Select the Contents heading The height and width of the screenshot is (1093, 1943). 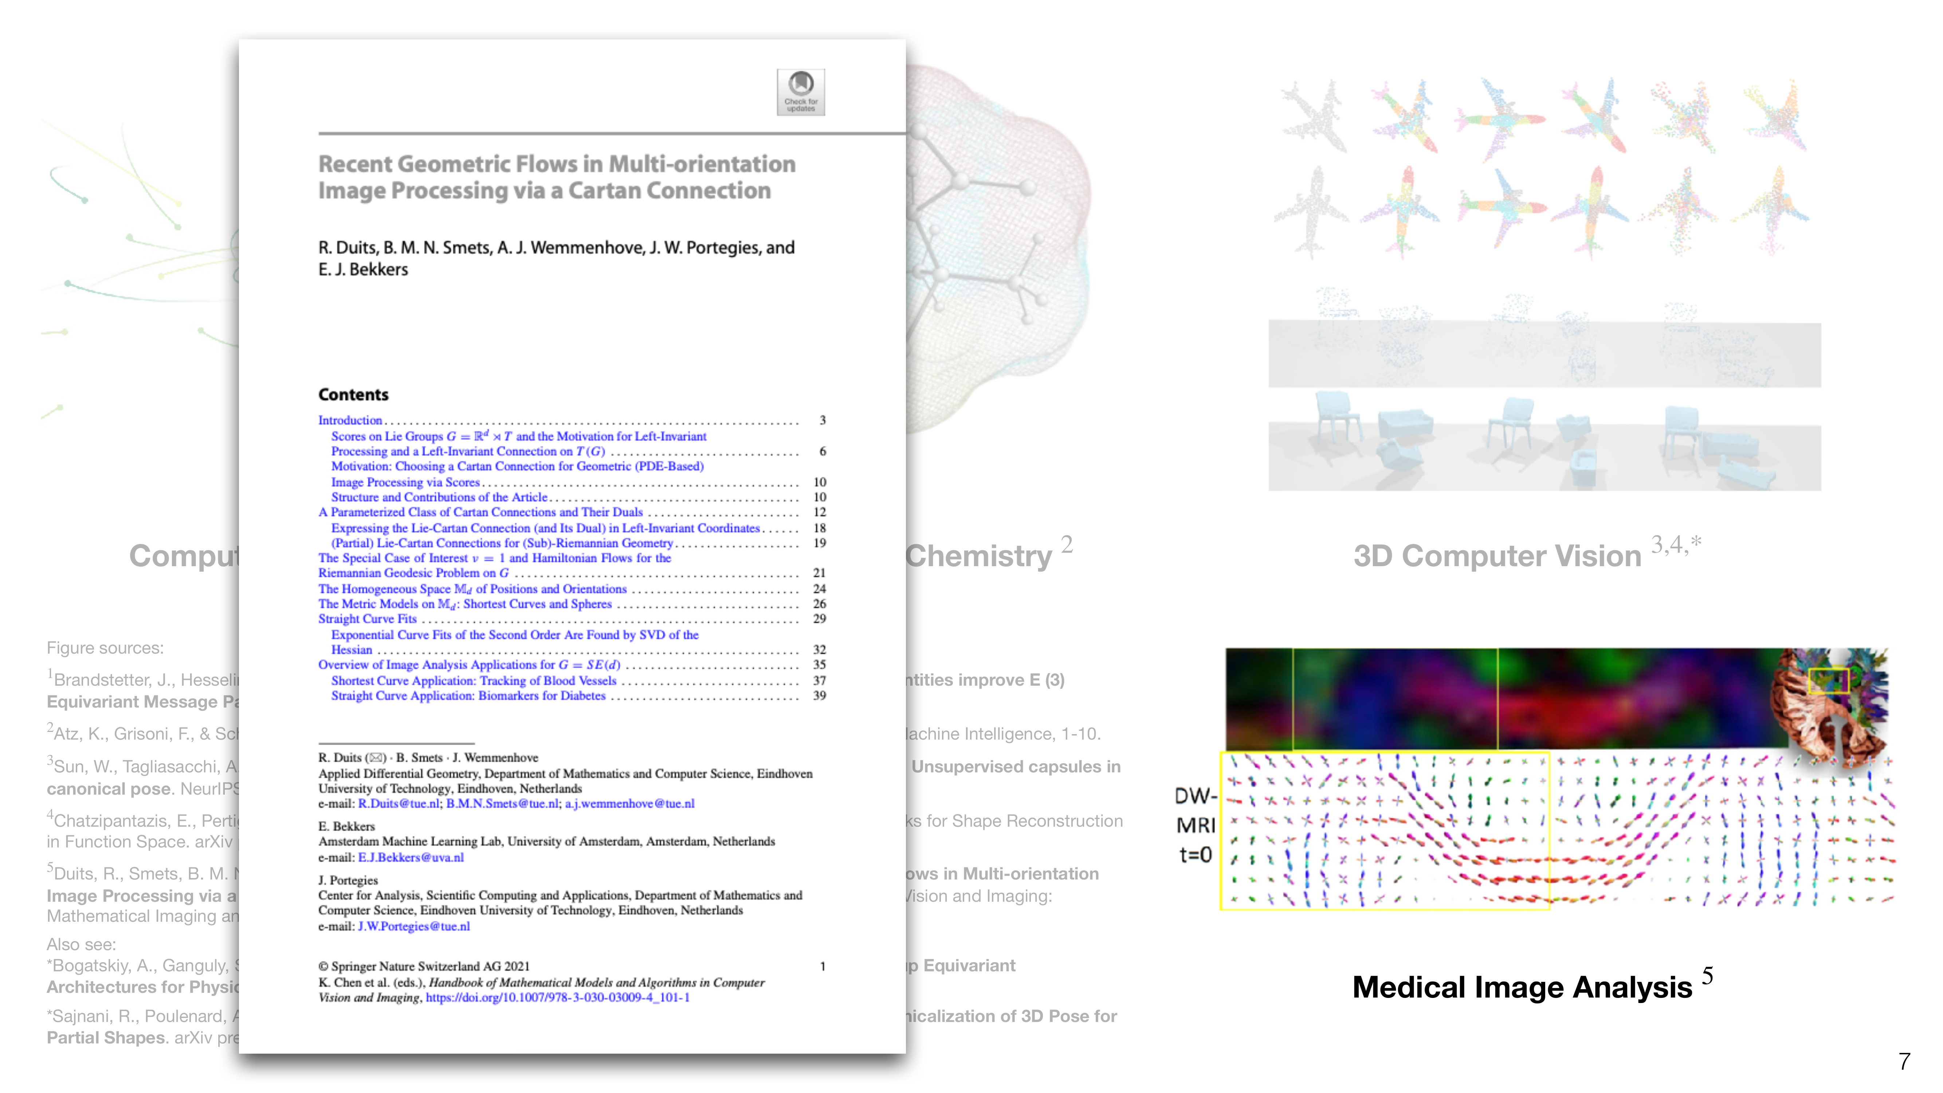pyautogui.click(x=353, y=395)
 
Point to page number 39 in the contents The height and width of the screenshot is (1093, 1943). pyautogui.click(x=819, y=696)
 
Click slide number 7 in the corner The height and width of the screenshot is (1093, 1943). pyautogui.click(x=1904, y=1061)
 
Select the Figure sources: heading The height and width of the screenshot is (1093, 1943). pyautogui.click(x=105, y=648)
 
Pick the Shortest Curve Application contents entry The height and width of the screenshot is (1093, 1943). pyautogui.click(x=474, y=680)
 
